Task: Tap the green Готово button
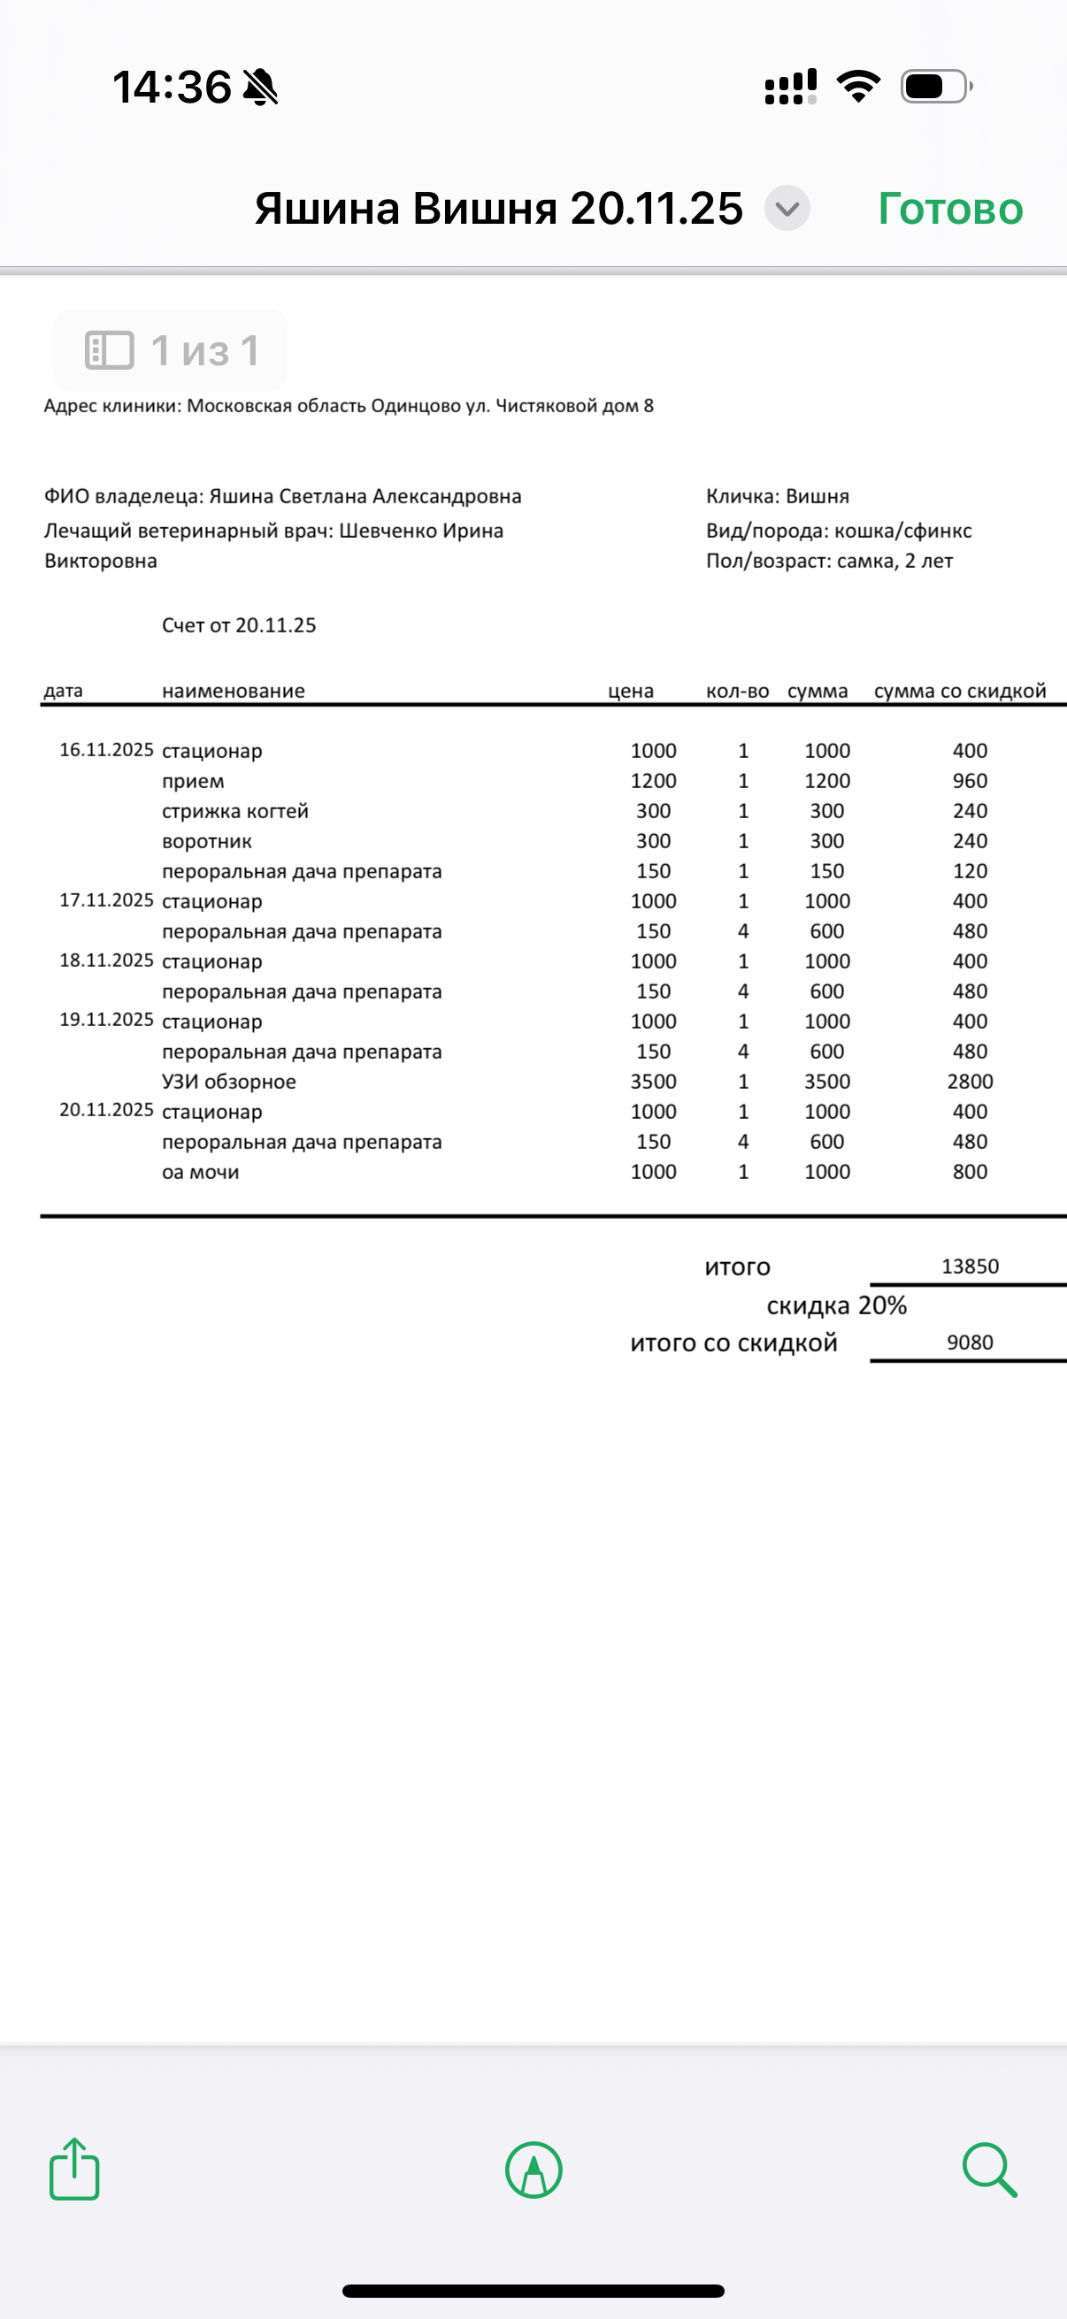tap(950, 209)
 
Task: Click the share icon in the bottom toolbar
tap(73, 2170)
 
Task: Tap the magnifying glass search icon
tap(988, 2170)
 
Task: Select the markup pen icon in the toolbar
tap(534, 2170)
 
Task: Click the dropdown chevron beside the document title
tap(787, 209)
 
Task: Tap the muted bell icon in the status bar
tap(261, 88)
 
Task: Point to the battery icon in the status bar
tap(935, 88)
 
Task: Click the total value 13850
tap(970, 1267)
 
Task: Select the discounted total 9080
tap(970, 1343)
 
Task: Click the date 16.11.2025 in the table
tap(106, 750)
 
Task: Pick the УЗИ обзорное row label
tap(229, 1081)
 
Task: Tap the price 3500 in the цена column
tap(653, 1081)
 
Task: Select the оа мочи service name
tap(200, 1172)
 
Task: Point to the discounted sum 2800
tap(970, 1081)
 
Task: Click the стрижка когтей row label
tap(235, 811)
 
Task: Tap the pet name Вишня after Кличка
tap(818, 496)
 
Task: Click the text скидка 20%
tap(836, 1305)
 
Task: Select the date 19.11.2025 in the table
tap(106, 1019)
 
